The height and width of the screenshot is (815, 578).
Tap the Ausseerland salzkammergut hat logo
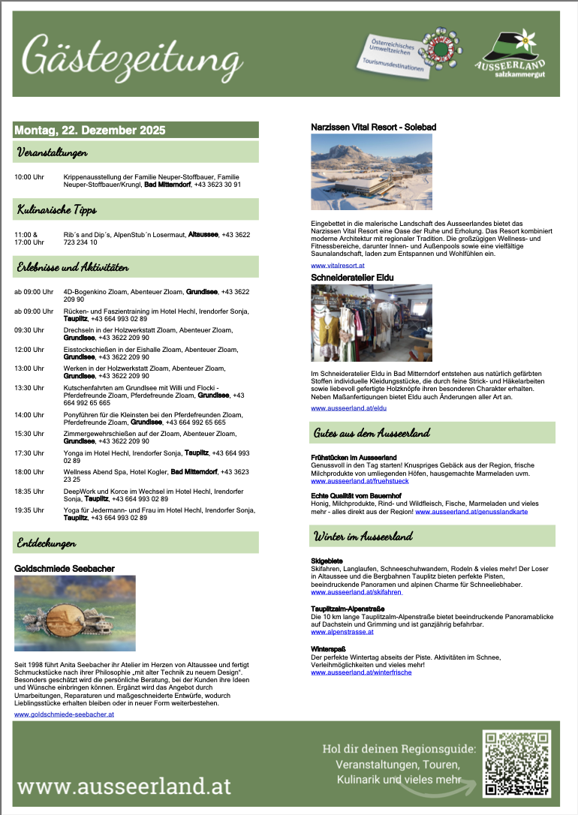pyautogui.click(x=510, y=55)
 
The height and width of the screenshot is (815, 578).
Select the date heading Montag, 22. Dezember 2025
pyautogui.click(x=89, y=130)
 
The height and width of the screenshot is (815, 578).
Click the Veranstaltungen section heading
pyautogui.click(x=53, y=152)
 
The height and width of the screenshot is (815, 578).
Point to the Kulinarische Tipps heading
pyautogui.click(x=57, y=209)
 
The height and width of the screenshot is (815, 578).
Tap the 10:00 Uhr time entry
pyautogui.click(x=29, y=177)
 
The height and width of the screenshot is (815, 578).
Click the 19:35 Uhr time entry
pyautogui.click(x=29, y=510)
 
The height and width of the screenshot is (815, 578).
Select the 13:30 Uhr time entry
pyautogui.click(x=29, y=388)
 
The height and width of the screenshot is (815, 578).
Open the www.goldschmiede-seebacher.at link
pyautogui.click(x=64, y=714)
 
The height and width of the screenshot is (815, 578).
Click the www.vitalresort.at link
pyautogui.click(x=338, y=266)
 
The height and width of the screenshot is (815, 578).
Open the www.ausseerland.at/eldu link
pyautogui.click(x=348, y=407)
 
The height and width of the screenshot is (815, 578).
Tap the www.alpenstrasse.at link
pyautogui.click(x=342, y=632)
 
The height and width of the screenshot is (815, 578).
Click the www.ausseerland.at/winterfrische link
pyautogui.click(x=360, y=672)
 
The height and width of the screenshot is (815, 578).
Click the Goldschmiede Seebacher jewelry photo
pyautogui.click(x=75, y=613)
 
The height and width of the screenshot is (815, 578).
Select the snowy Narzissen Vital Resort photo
pyautogui.click(x=372, y=173)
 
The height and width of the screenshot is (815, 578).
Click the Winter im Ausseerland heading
pyautogui.click(x=363, y=536)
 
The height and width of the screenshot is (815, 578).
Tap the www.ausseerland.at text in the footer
pyautogui.click(x=124, y=786)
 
